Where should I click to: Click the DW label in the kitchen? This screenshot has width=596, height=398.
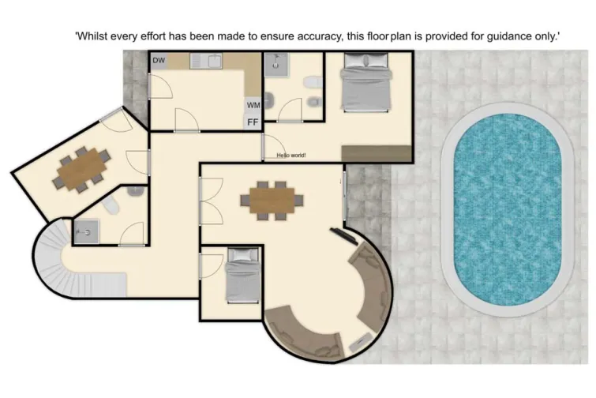pos(159,61)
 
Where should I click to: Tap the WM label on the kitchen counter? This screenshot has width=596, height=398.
pos(253,105)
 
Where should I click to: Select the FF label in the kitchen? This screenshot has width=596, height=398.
pos(253,122)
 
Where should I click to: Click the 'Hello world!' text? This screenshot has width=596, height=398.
pos(291,156)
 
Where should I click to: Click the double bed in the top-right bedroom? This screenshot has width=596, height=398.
pos(364,88)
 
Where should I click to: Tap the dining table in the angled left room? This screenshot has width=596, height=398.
pos(81,167)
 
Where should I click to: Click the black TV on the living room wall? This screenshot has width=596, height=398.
pos(342,235)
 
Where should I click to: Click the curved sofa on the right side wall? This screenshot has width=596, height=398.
pos(369,284)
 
